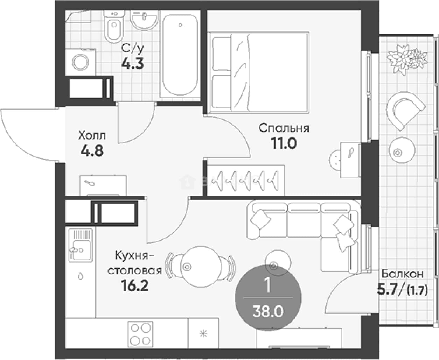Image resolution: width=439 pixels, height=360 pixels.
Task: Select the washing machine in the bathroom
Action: pyautogui.click(x=81, y=62)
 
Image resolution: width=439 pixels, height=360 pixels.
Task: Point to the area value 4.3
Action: pyautogui.click(x=133, y=63)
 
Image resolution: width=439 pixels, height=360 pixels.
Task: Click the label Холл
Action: pyautogui.click(x=92, y=136)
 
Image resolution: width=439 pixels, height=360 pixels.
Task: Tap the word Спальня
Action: pyautogui.click(x=284, y=128)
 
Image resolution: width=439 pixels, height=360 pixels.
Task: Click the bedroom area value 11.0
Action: pyautogui.click(x=284, y=144)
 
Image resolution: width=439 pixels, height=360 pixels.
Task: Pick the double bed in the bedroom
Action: pyautogui.click(x=259, y=72)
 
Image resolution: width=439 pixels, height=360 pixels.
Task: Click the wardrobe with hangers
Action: pyautogui.click(x=246, y=180)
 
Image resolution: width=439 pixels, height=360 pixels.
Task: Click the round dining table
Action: pyautogui.click(x=201, y=267)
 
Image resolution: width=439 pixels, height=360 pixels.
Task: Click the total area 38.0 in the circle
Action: pyautogui.click(x=268, y=312)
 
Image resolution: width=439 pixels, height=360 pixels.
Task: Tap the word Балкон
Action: pyautogui.click(x=402, y=274)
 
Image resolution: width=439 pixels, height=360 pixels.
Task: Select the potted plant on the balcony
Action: pyautogui.click(x=407, y=60)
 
